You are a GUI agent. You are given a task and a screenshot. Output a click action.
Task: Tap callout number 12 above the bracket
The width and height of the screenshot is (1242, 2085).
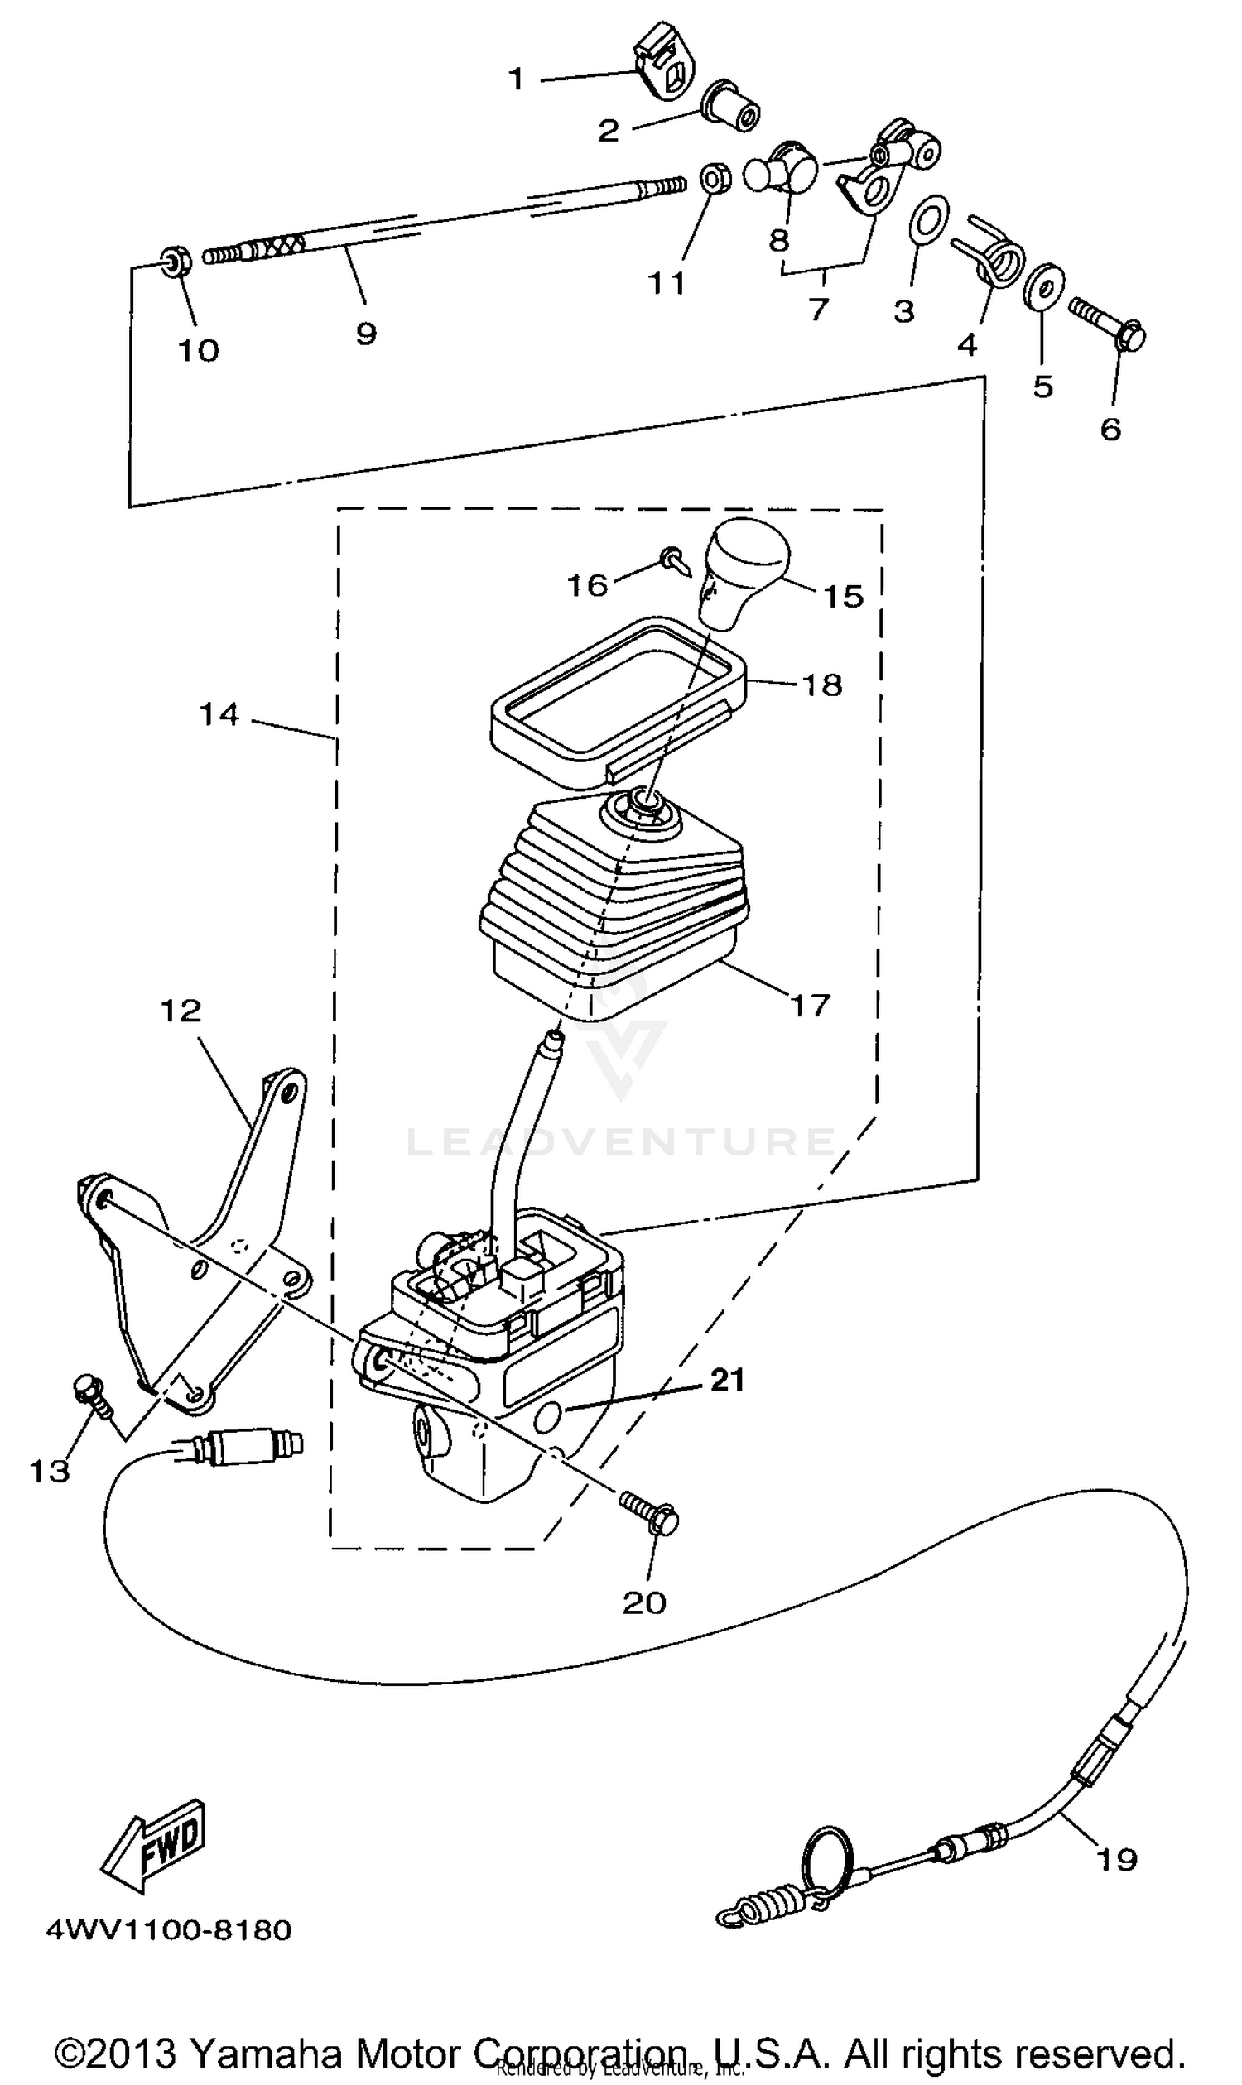(181, 1011)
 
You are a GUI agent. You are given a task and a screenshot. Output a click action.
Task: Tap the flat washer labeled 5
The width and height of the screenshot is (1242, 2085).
(1043, 287)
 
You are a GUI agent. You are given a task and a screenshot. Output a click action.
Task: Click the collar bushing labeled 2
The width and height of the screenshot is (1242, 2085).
(732, 108)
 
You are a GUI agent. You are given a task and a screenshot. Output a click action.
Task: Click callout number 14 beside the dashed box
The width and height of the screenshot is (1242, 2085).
(219, 714)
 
